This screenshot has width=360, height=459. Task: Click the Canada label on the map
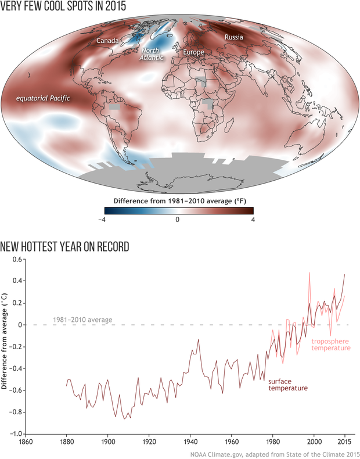click(x=107, y=41)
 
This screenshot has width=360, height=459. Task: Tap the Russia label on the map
click(x=233, y=37)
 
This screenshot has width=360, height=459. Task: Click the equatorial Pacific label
click(x=43, y=98)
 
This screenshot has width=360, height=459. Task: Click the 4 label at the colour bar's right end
click(x=251, y=219)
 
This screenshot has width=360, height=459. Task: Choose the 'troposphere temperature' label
click(x=331, y=345)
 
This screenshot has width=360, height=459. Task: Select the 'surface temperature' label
click(x=287, y=385)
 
